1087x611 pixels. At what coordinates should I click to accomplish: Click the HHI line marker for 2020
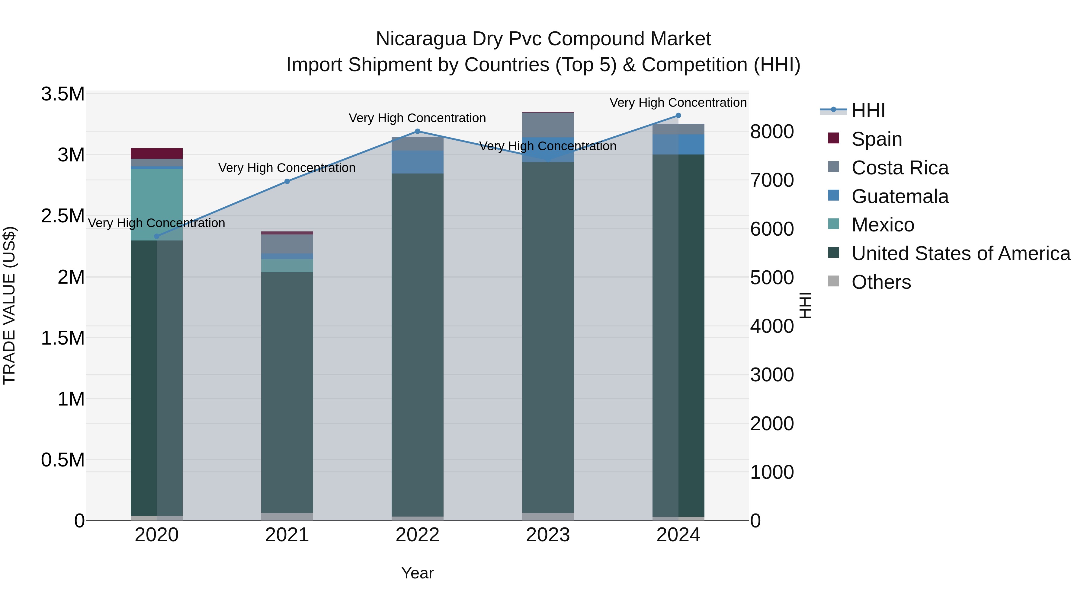[156, 236]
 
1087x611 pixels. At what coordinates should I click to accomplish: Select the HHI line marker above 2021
[287, 181]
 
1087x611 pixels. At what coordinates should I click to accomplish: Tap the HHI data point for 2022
[417, 131]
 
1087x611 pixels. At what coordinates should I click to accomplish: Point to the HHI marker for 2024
[678, 116]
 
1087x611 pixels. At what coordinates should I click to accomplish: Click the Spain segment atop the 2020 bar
[156, 153]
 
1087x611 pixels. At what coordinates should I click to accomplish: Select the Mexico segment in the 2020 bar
[156, 205]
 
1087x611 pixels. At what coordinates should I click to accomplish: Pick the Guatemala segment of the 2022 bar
[417, 162]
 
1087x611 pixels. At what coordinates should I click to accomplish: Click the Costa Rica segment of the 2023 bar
[548, 125]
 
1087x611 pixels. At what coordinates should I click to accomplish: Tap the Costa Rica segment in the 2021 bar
[287, 244]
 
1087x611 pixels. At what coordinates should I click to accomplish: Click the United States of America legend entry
[960, 253]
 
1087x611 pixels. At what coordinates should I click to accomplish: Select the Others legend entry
[881, 282]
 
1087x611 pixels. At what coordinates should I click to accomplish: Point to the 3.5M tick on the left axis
[63, 94]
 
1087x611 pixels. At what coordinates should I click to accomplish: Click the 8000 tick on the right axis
[772, 132]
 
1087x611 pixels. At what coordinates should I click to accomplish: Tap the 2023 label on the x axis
[548, 535]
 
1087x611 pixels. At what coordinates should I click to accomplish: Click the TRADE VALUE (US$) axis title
[9, 305]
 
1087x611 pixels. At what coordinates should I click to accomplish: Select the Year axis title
[417, 573]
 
